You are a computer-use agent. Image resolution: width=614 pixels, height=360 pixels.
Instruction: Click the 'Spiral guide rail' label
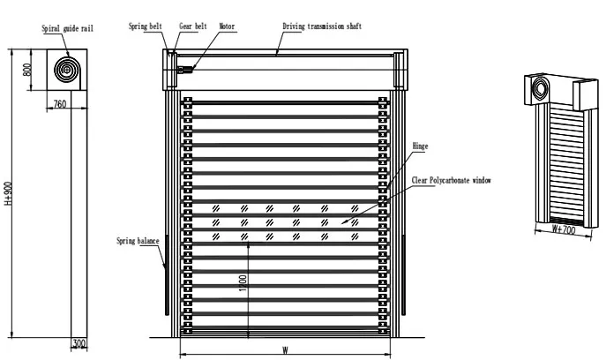click(x=68, y=29)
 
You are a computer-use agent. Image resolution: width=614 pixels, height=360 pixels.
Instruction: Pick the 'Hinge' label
click(x=421, y=146)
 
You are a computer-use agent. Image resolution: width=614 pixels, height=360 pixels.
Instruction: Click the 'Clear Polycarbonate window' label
click(x=451, y=180)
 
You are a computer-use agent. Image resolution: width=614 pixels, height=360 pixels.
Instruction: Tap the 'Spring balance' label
click(x=137, y=240)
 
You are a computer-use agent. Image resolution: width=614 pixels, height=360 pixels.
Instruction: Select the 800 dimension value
click(x=27, y=70)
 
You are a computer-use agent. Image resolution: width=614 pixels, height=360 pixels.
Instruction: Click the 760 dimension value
click(x=60, y=104)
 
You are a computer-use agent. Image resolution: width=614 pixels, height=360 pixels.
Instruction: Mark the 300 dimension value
click(x=79, y=343)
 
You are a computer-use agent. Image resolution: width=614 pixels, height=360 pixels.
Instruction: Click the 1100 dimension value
click(x=242, y=285)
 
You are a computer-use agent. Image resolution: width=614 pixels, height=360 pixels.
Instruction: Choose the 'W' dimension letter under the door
click(x=285, y=349)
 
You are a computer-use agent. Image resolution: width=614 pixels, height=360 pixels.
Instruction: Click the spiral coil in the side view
click(x=66, y=69)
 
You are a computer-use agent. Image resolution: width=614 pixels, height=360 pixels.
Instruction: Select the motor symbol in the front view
click(x=184, y=70)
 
